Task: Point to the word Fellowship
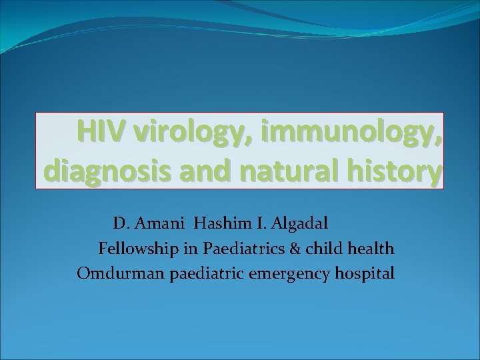(x=137, y=249)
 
